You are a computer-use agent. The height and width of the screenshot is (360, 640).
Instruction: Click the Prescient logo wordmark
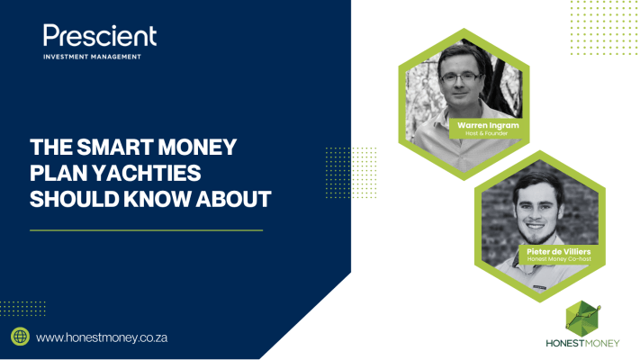click(x=100, y=35)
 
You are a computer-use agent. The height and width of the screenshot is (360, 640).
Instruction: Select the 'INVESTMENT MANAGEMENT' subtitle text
click(x=92, y=57)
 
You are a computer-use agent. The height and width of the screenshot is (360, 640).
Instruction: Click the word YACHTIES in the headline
click(x=147, y=173)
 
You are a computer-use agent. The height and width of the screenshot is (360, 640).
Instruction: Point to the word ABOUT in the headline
click(x=233, y=199)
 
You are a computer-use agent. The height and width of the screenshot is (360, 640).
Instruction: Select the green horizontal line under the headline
click(x=146, y=230)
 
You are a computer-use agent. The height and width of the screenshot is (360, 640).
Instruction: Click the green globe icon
click(x=20, y=337)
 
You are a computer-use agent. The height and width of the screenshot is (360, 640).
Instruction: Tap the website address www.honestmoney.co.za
click(x=102, y=338)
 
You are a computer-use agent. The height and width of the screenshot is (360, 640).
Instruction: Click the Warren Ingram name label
click(x=488, y=125)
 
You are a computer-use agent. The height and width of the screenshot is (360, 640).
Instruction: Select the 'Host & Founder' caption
click(x=487, y=133)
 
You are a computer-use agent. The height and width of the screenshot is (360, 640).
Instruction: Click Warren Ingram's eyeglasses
click(x=460, y=77)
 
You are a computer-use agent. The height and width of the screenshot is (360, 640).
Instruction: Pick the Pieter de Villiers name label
click(x=559, y=251)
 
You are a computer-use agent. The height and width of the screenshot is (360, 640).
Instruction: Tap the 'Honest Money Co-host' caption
click(x=559, y=259)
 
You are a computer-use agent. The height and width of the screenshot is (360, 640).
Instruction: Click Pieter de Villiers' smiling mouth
click(x=536, y=226)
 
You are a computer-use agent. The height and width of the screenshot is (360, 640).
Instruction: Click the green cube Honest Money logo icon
click(x=583, y=319)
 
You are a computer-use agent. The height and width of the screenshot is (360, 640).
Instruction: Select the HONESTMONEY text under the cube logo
click(x=583, y=343)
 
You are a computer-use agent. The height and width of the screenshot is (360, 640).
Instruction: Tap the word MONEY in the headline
click(x=197, y=147)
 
